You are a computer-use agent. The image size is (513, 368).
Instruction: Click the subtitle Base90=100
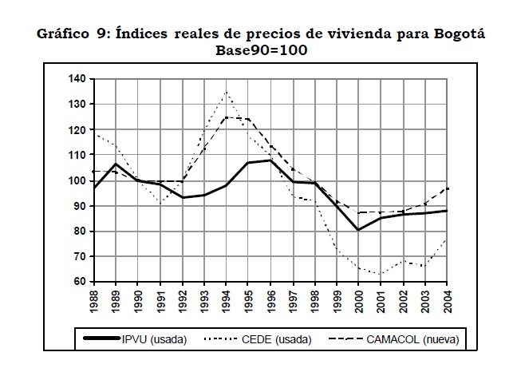coord(261,49)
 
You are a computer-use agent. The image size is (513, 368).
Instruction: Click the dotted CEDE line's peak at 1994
coord(227,93)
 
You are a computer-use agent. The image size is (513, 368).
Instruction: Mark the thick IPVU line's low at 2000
coord(359,230)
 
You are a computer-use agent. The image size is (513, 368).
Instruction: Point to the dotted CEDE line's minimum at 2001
coord(381,274)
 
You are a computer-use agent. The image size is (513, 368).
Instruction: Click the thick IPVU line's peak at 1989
coord(116,164)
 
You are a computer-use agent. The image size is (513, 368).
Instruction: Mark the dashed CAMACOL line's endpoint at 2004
coord(448,188)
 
